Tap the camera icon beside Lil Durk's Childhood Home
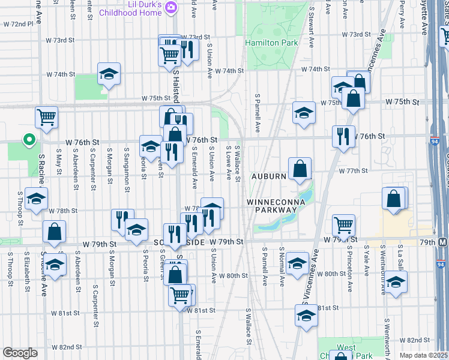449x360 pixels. coord(171,7)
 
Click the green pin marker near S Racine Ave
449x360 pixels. coord(28,140)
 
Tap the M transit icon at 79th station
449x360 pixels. coord(443,242)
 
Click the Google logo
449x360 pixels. coord(20,353)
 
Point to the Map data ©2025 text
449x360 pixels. coord(424,355)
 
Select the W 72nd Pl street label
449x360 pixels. coord(18,25)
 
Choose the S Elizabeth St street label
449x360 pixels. coord(27,270)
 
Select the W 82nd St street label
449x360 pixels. coord(66,347)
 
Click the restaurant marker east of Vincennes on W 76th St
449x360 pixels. coord(343,137)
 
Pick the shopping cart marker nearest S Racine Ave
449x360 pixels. coord(46,118)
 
